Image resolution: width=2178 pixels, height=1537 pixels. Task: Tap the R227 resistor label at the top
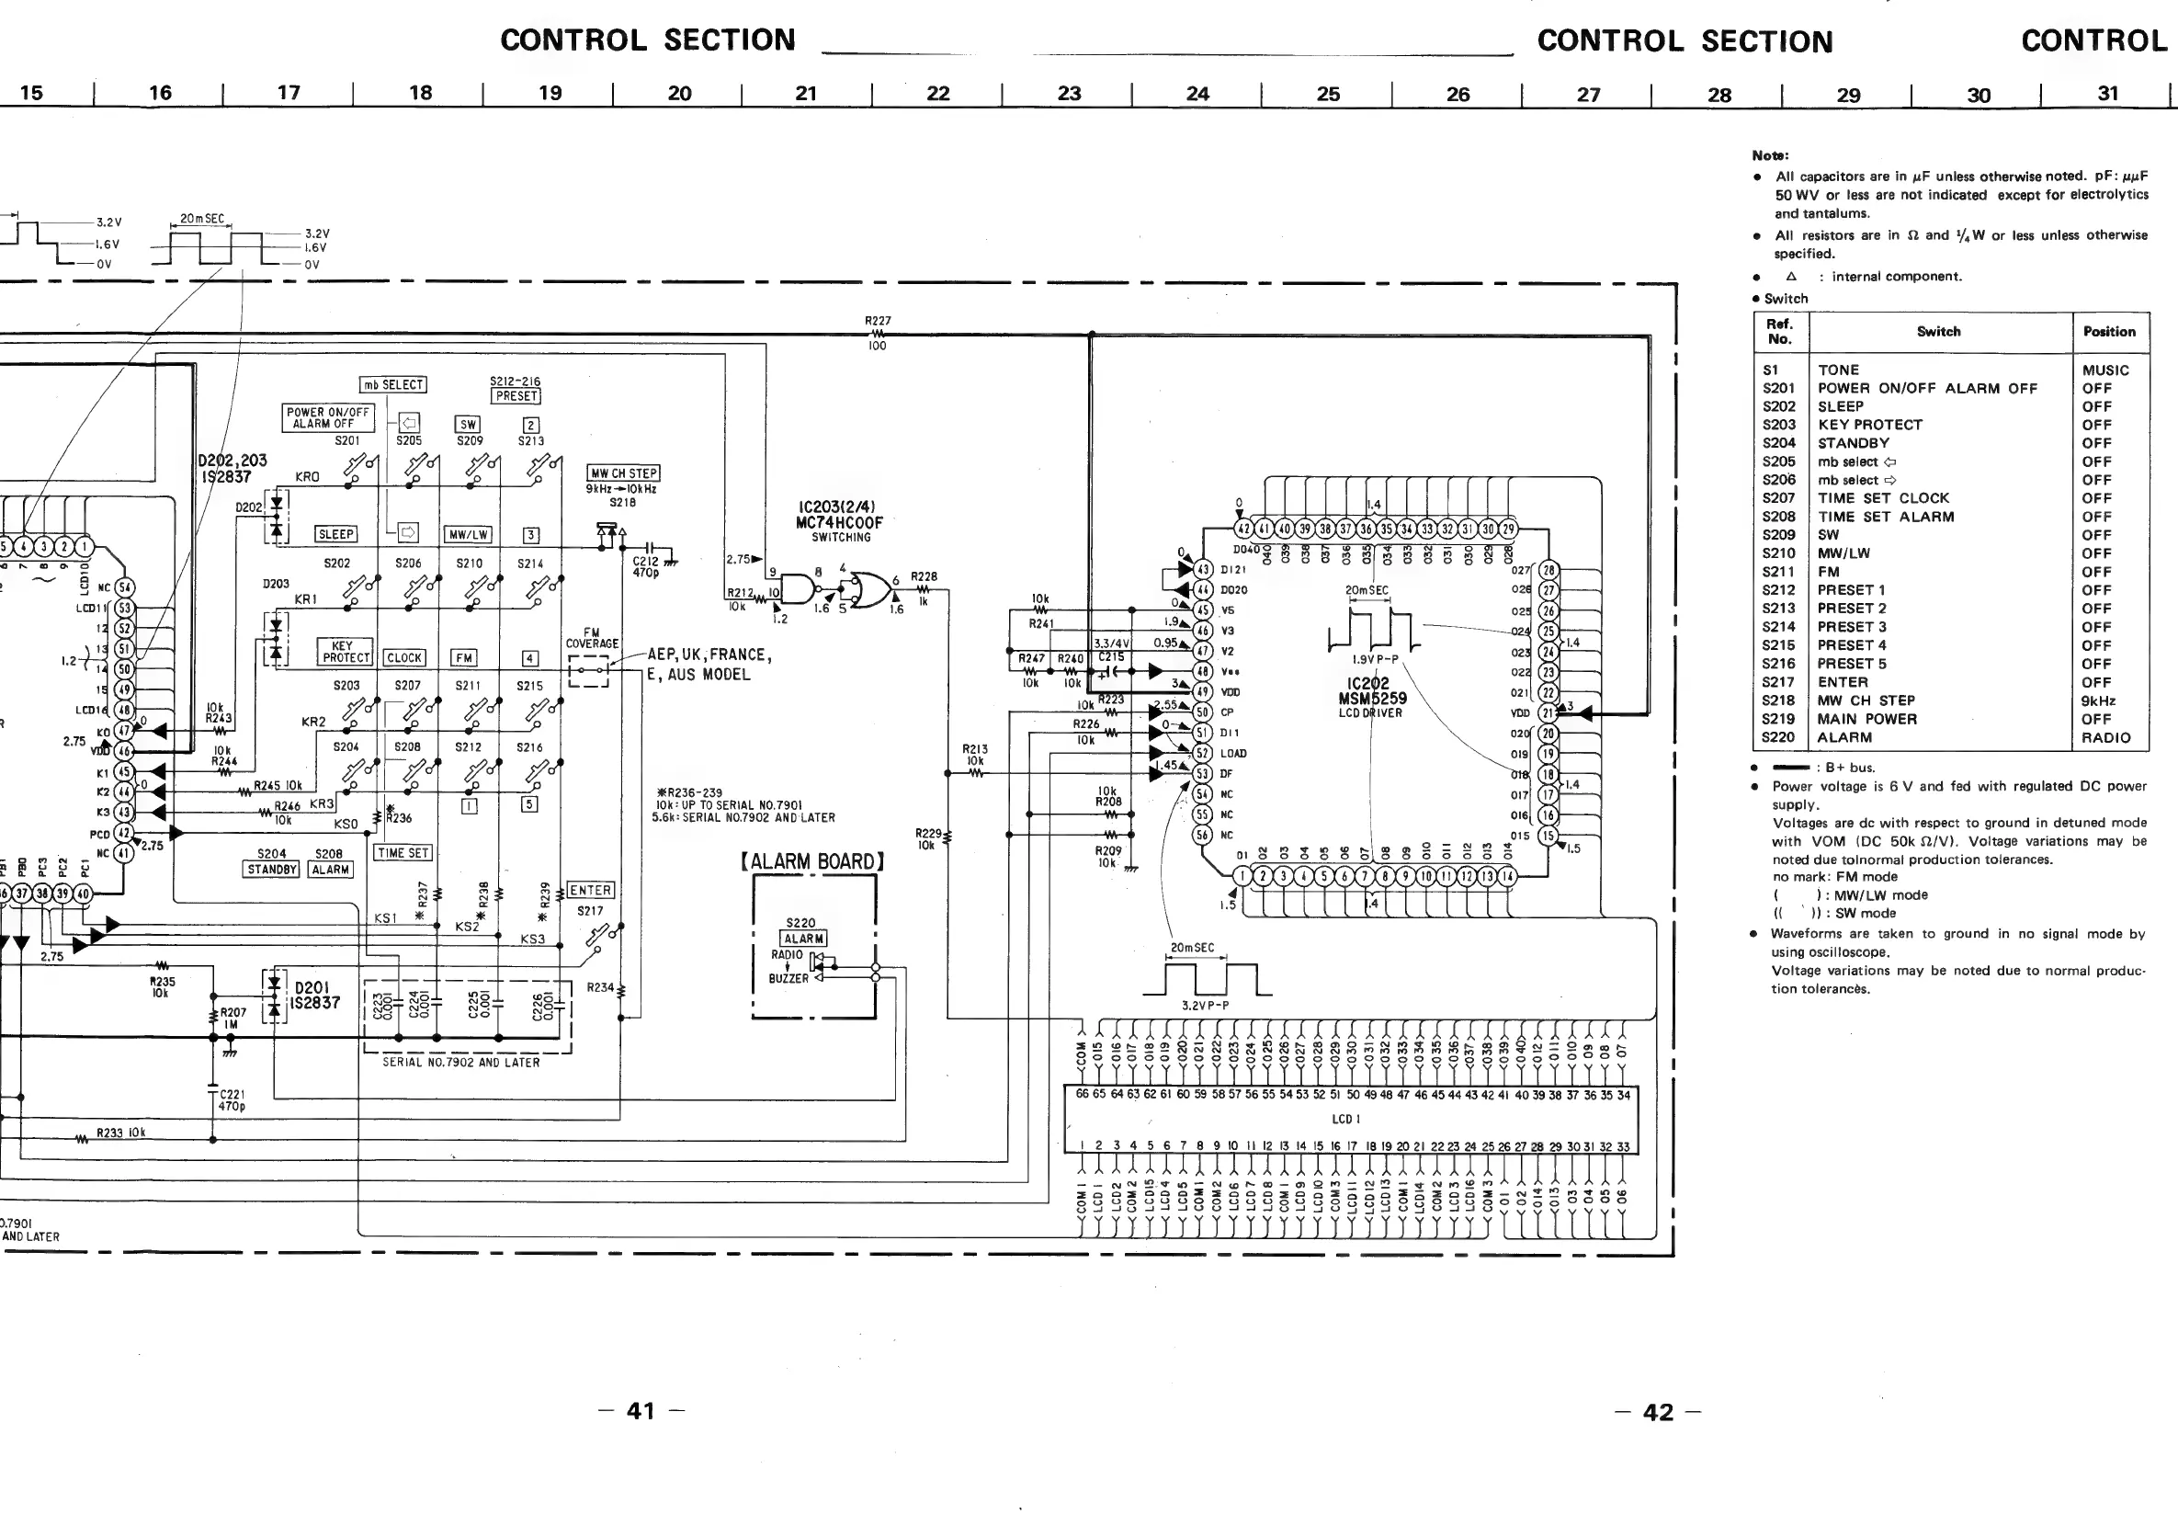tap(878, 322)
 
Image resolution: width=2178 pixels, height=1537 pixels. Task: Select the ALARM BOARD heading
tap(813, 861)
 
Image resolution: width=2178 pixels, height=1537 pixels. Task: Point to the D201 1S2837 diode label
tap(317, 996)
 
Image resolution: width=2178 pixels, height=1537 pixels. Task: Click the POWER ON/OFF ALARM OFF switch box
tap(328, 417)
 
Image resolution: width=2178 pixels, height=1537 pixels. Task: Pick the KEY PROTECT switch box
tap(346, 652)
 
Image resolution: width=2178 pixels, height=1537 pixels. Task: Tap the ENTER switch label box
tap(590, 890)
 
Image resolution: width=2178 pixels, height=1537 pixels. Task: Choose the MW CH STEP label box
tap(623, 472)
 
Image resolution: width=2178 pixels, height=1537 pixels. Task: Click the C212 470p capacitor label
tap(646, 566)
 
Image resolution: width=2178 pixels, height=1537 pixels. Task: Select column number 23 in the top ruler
tap(1069, 93)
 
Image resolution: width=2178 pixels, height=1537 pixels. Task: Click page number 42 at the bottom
tap(1657, 1413)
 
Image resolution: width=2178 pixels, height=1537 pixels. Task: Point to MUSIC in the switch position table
tap(2105, 370)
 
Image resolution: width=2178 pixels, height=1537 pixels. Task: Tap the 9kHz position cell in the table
tap(2098, 700)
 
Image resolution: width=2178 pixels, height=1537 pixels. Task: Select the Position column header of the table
tap(2109, 332)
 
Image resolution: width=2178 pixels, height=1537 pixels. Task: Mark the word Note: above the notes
tap(1770, 154)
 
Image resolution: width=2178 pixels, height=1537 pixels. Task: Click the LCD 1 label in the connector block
tap(1346, 1120)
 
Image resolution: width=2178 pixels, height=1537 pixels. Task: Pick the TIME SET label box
tap(403, 853)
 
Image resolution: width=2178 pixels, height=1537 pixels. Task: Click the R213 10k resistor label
tap(975, 755)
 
